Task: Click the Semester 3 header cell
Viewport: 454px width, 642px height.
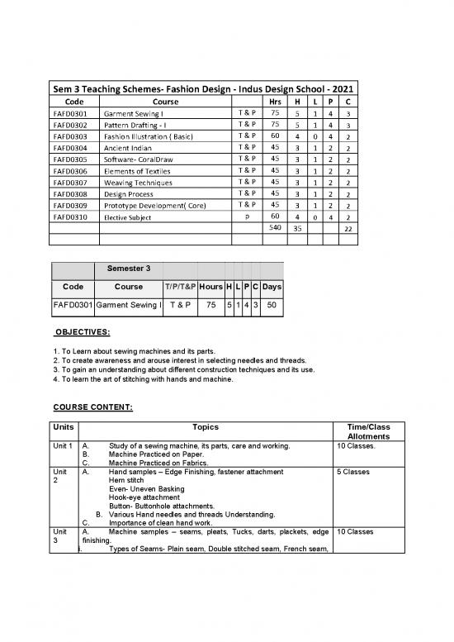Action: point(127,269)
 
